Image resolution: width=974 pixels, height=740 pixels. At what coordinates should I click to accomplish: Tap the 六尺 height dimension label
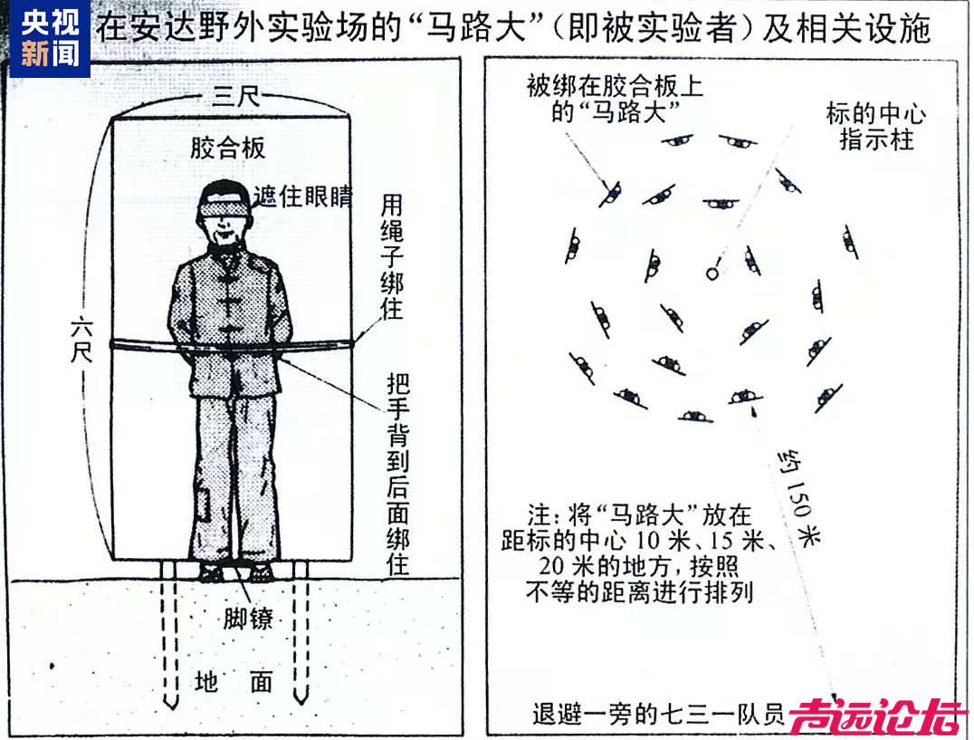81,338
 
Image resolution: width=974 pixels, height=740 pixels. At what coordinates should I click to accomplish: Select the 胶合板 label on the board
228,148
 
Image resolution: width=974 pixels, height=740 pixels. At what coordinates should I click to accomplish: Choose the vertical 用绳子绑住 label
391,256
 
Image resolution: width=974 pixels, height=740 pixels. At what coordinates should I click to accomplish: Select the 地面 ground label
234,682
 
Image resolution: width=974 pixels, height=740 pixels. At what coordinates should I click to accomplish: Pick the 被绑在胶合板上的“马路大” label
615,99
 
